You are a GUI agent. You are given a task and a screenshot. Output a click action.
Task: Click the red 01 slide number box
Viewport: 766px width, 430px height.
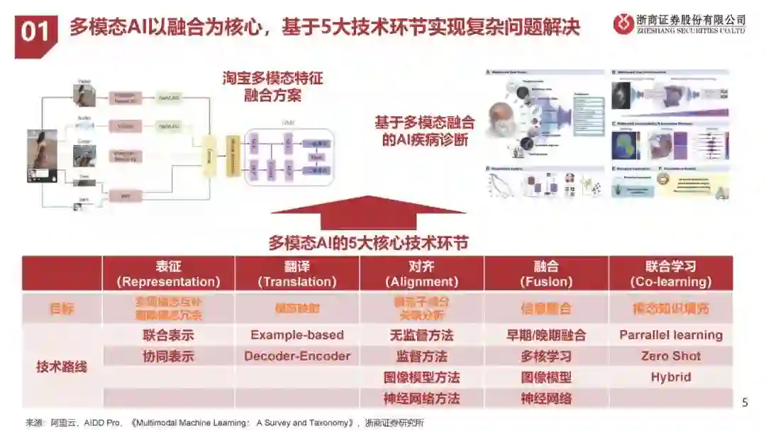point(35,33)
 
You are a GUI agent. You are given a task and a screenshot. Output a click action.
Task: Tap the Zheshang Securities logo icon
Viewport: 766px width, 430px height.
point(623,23)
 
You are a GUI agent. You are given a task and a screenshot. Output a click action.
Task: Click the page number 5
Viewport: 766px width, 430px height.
point(745,402)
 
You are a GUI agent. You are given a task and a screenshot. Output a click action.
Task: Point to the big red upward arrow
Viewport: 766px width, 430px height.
point(368,213)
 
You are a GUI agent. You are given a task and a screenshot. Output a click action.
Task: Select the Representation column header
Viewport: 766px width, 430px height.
point(168,273)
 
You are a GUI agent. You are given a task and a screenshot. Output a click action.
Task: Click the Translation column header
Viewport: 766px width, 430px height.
point(297,273)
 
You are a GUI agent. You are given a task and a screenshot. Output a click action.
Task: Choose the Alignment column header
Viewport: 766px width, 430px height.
point(421,273)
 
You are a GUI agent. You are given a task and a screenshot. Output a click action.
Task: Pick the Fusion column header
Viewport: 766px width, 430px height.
point(545,273)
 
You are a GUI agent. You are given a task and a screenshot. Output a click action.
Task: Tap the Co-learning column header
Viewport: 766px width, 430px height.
point(670,273)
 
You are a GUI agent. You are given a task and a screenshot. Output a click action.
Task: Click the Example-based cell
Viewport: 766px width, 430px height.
point(297,335)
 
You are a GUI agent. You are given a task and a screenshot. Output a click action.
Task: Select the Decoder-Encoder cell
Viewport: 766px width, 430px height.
point(297,356)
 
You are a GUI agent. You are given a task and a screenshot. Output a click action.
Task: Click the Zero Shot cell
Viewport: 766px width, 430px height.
point(670,356)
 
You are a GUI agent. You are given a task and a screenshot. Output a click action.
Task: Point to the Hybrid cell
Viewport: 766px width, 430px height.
point(670,377)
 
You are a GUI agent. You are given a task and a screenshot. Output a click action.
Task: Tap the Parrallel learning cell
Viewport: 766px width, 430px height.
point(670,335)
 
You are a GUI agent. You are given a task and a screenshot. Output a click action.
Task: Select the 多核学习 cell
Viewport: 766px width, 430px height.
point(545,356)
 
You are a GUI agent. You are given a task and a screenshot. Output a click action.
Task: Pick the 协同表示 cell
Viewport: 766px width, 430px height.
point(168,356)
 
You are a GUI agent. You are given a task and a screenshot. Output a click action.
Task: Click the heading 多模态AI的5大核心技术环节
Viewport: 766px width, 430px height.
point(368,242)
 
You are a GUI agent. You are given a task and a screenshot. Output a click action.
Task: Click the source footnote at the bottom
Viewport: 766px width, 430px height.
point(225,422)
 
